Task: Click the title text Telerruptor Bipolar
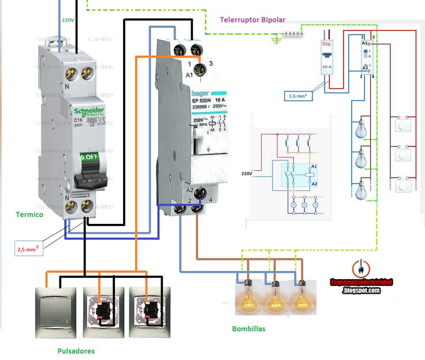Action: click(252, 20)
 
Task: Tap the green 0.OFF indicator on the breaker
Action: click(90, 156)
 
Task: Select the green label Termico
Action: click(29, 214)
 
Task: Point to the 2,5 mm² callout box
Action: click(28, 249)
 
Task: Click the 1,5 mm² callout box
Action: click(299, 96)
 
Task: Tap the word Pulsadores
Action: click(76, 351)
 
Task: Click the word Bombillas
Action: click(248, 329)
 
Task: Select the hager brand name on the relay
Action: click(200, 92)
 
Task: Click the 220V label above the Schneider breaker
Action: click(68, 20)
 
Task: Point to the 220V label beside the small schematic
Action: click(248, 172)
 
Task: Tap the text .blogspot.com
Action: click(361, 290)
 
